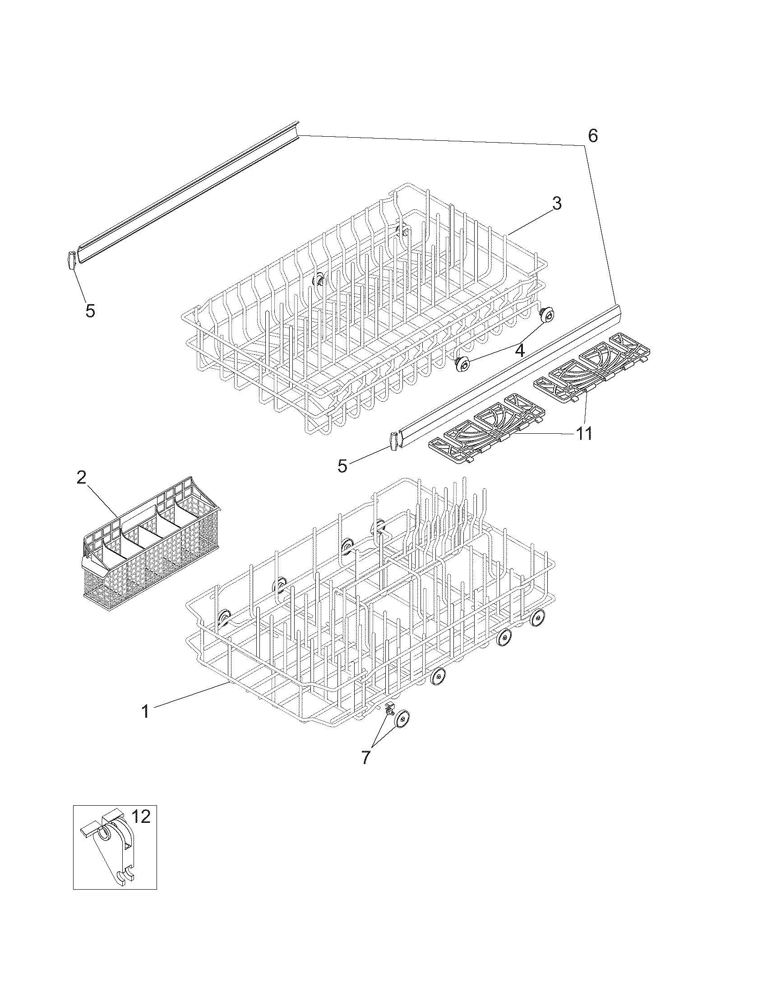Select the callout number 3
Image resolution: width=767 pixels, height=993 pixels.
tap(557, 203)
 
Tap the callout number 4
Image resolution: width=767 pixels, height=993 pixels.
tap(519, 350)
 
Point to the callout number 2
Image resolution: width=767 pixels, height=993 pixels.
tap(81, 477)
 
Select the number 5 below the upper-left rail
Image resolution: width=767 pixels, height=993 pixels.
tap(90, 311)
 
